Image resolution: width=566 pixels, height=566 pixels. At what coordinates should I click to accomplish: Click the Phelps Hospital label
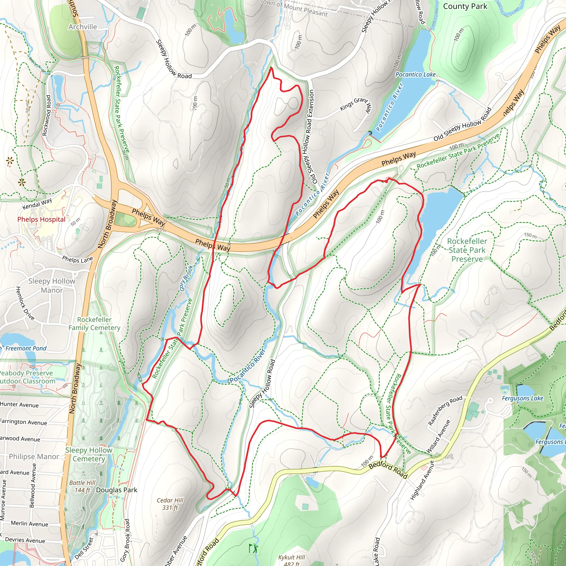pyautogui.click(x=41, y=219)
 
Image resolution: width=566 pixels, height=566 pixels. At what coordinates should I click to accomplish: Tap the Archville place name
pyautogui.click(x=83, y=27)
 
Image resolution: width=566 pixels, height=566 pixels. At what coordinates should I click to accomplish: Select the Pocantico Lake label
pyautogui.click(x=415, y=74)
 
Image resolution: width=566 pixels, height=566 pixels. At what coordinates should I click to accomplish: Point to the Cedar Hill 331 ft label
pyautogui.click(x=170, y=504)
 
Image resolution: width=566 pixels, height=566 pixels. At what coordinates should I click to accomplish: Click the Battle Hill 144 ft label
pyautogui.click(x=82, y=486)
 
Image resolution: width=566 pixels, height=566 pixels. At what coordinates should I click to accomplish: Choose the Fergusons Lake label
pyautogui.click(x=522, y=398)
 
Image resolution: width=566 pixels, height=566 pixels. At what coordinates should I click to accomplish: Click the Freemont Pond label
pyautogui.click(x=26, y=348)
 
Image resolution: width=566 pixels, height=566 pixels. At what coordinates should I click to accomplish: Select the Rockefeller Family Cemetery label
pyautogui.click(x=94, y=324)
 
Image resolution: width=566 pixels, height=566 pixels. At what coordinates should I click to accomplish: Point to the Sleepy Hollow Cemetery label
pyautogui.click(x=89, y=454)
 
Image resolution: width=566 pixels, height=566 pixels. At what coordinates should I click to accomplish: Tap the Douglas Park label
pyautogui.click(x=117, y=490)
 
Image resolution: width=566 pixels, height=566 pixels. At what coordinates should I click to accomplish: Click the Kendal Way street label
pyautogui.click(x=37, y=204)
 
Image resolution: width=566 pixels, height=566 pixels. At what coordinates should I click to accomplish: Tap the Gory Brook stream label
pyautogui.click(x=186, y=278)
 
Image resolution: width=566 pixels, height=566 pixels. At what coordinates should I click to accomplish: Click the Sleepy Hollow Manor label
pyautogui.click(x=52, y=286)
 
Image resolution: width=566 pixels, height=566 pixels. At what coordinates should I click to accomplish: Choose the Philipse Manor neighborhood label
pyautogui.click(x=34, y=457)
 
